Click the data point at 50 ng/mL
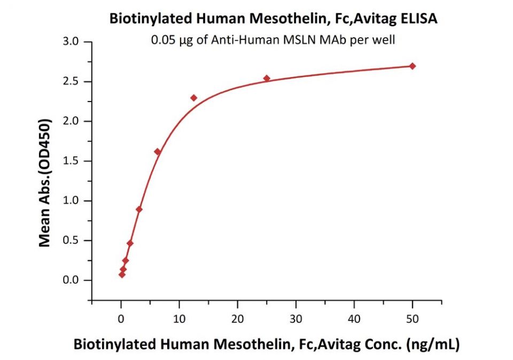[412, 66]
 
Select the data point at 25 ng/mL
[267, 79]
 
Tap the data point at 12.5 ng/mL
[193, 98]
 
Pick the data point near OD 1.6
[157, 152]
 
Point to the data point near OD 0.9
[139, 209]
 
